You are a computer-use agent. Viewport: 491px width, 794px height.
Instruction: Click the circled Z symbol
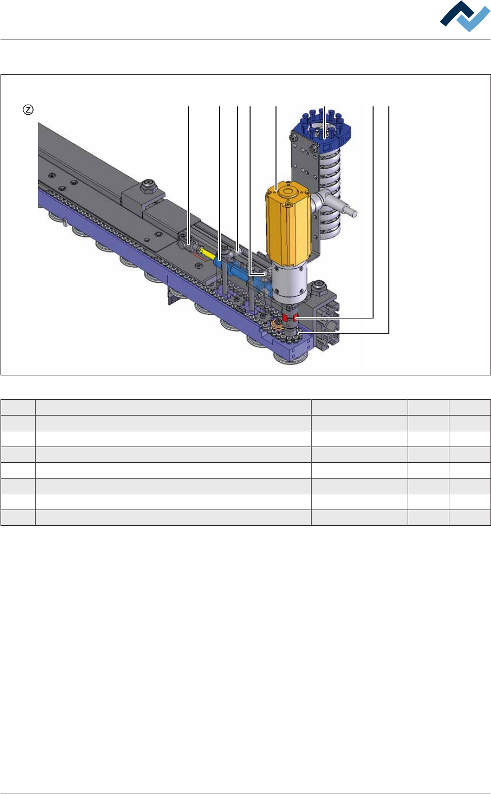pos(28,110)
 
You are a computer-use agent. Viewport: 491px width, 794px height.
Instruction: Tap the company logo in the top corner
pos(465,16)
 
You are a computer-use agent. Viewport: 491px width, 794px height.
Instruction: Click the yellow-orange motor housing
pos(288,224)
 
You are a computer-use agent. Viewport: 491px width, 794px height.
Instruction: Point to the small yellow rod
pos(208,253)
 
